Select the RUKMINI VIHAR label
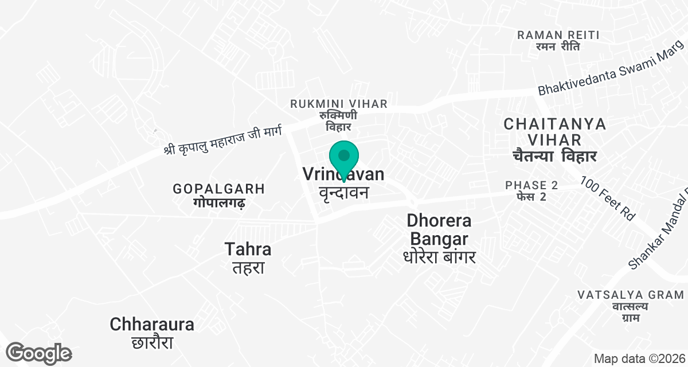(339, 104)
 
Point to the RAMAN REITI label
(558, 35)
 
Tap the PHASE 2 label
(531, 185)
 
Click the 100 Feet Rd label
(608, 199)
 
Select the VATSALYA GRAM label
(631, 295)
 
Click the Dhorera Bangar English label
(439, 229)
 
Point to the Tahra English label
(248, 249)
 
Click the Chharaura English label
(152, 324)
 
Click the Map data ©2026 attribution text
(638, 359)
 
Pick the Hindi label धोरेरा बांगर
(439, 256)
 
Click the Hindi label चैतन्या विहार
(555, 156)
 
